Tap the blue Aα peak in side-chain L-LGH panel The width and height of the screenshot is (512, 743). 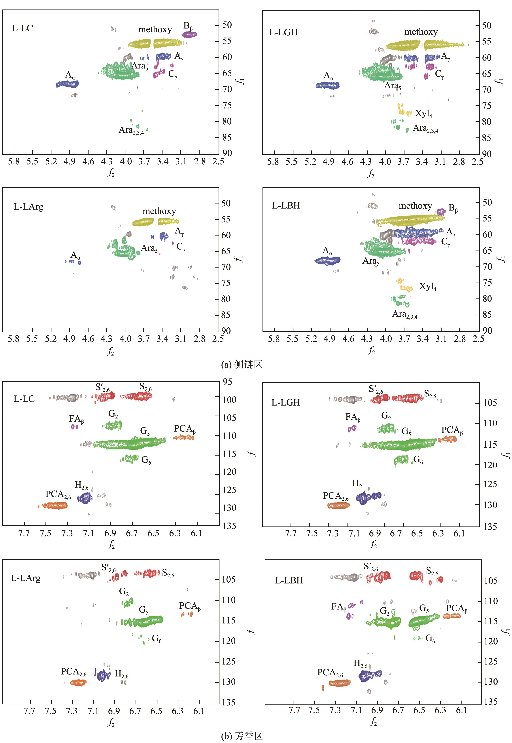328,85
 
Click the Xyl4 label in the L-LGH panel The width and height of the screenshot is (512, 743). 423,114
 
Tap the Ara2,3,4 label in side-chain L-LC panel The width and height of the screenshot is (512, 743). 131,130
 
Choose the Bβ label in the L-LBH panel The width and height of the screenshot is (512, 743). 453,208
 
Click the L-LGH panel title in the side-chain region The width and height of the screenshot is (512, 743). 283,32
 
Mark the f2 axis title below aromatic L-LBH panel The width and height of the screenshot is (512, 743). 373,722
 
